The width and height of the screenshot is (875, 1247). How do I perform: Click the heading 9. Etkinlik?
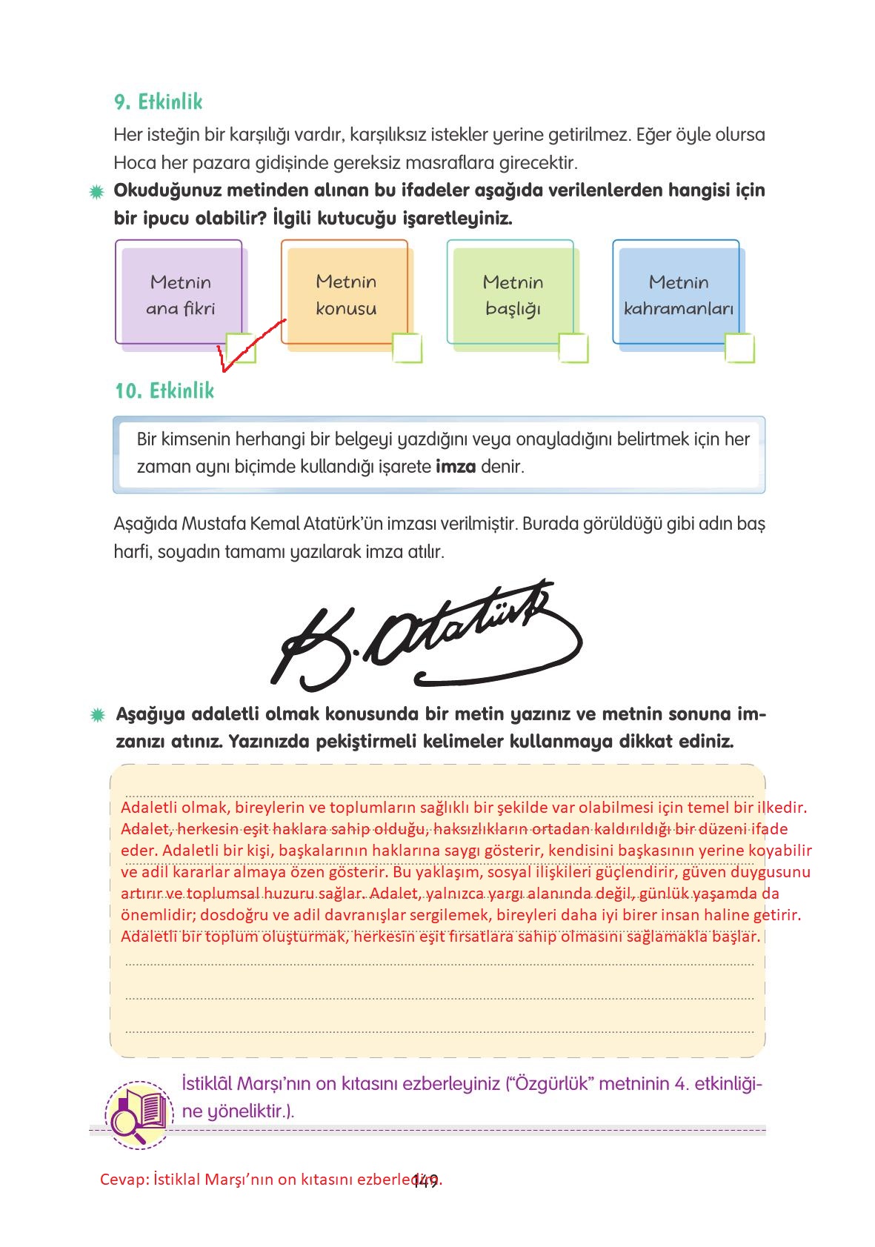pos(158,102)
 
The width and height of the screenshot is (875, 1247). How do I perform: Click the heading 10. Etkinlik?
pos(164,390)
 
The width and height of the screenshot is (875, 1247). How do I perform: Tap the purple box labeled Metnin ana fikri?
pos(179,294)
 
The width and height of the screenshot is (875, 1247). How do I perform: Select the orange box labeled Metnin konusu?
pos(345,294)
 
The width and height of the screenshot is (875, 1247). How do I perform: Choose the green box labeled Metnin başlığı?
pos(512,294)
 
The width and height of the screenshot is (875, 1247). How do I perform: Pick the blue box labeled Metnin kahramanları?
pos(678,294)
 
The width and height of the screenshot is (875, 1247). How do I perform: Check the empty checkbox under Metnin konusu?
pos(407,348)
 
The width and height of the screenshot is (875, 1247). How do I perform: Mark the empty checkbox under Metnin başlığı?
pos(573,348)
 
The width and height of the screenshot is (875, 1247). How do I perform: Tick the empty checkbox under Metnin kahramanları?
pos(739,348)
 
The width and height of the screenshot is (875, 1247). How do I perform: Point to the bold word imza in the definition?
pos(455,467)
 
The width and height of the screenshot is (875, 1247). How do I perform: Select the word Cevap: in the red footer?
pos(124,1180)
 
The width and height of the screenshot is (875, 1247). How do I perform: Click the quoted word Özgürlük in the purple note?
pos(551,1083)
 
